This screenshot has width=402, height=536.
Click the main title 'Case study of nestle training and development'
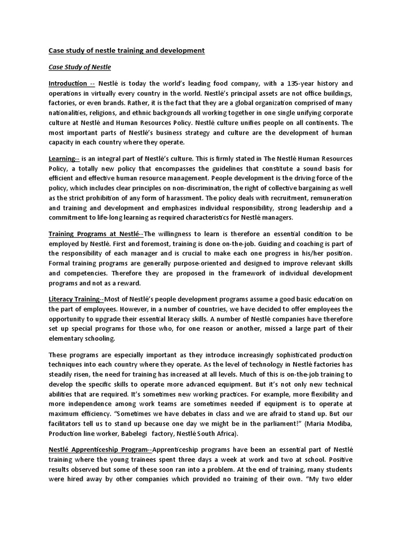click(126, 51)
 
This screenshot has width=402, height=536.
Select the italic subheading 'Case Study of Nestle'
click(80, 67)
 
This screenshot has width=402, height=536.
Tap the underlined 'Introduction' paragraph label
click(68, 84)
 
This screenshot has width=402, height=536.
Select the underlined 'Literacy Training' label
click(74, 299)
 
